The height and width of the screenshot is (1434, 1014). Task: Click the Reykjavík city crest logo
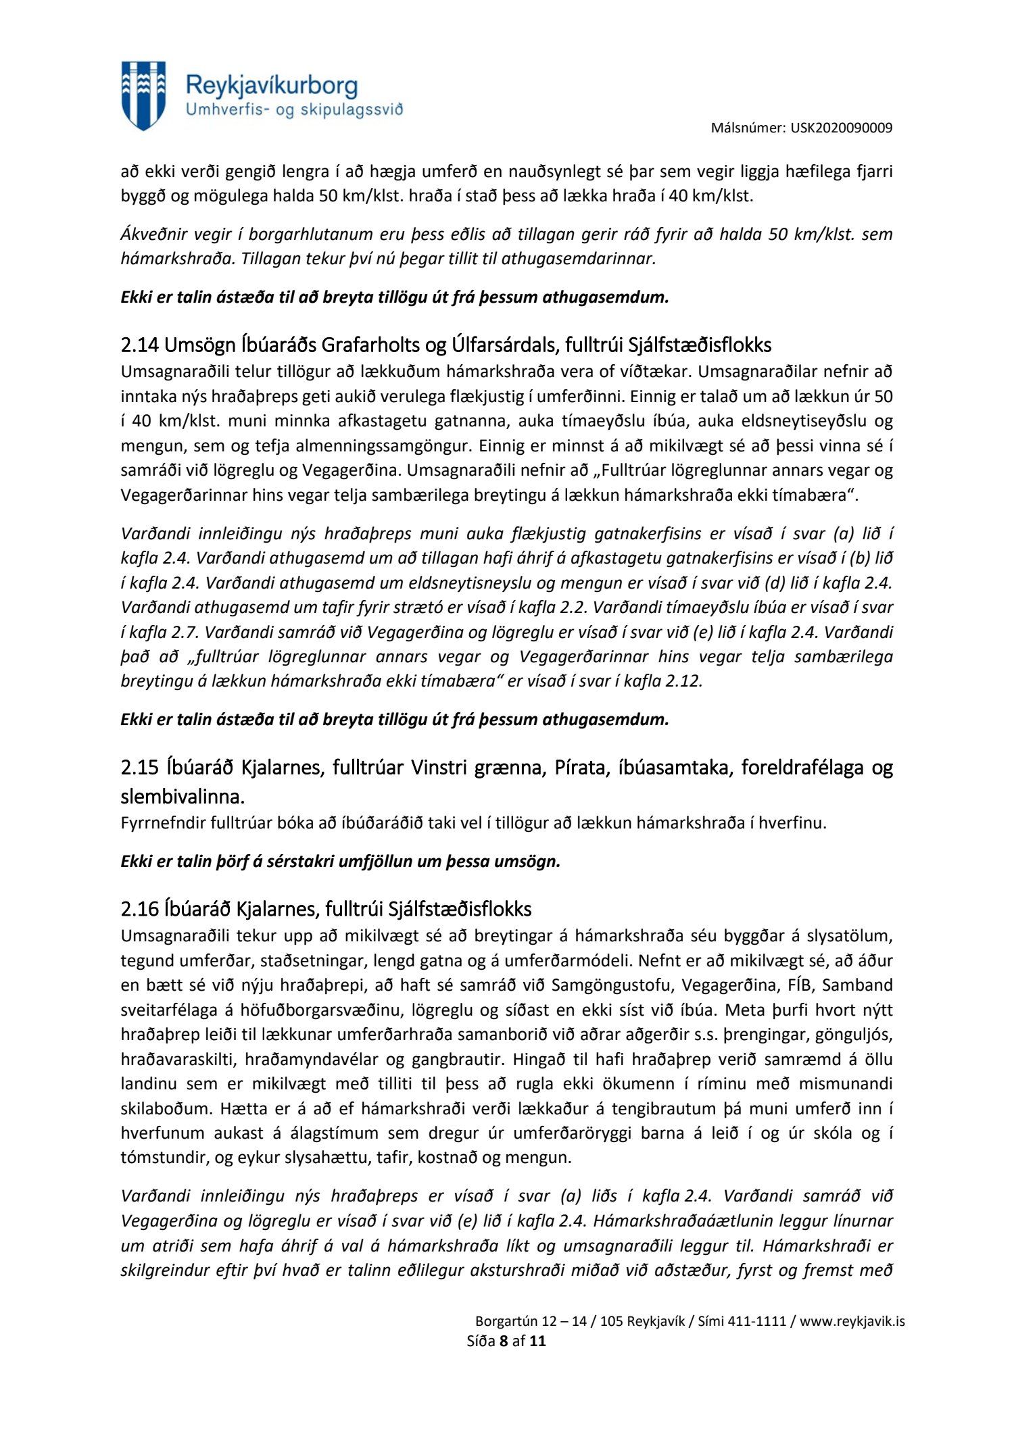(143, 95)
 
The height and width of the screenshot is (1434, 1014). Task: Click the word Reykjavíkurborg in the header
(271, 86)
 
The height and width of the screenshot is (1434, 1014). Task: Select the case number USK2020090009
(841, 128)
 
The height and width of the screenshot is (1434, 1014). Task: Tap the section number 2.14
(139, 345)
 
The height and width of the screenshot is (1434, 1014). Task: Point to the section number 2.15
(139, 768)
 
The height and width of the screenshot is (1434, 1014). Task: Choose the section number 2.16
(139, 909)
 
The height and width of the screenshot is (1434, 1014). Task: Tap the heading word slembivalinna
(182, 797)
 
